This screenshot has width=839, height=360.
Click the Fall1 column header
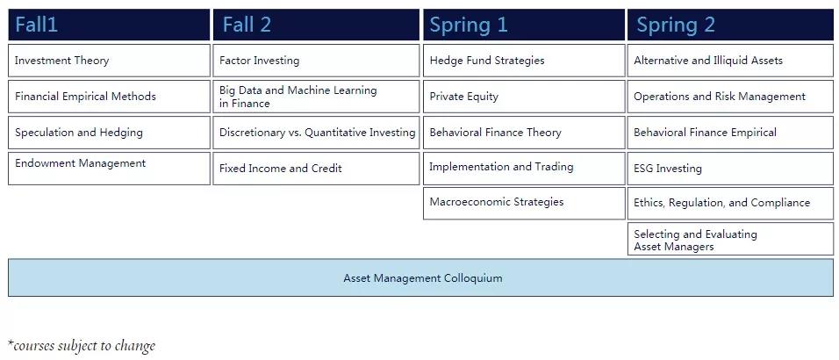coord(109,25)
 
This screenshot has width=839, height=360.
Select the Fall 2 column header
coord(316,25)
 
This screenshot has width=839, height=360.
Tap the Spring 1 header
coord(524,25)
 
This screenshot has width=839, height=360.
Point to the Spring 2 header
coord(730,25)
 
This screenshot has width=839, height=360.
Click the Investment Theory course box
coord(109,61)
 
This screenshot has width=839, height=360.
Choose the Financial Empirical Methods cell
coord(109,97)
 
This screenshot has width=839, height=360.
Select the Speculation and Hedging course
coord(109,133)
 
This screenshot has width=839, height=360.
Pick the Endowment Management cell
coord(109,169)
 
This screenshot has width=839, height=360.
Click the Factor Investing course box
coord(316,61)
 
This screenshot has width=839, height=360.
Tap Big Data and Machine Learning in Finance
coord(316,97)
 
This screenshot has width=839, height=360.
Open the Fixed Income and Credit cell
coord(316,169)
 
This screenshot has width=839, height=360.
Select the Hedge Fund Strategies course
coord(524,61)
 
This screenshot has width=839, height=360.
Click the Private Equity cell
coord(524,97)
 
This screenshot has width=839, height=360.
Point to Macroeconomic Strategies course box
coord(524,203)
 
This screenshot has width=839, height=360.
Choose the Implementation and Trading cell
coord(524,169)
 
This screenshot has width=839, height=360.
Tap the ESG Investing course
coord(730,169)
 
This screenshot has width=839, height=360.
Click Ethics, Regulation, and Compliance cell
coord(730,203)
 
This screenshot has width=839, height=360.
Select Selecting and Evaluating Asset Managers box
coord(730,239)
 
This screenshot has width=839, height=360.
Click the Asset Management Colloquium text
coord(423,278)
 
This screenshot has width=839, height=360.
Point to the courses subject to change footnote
coord(82,346)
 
